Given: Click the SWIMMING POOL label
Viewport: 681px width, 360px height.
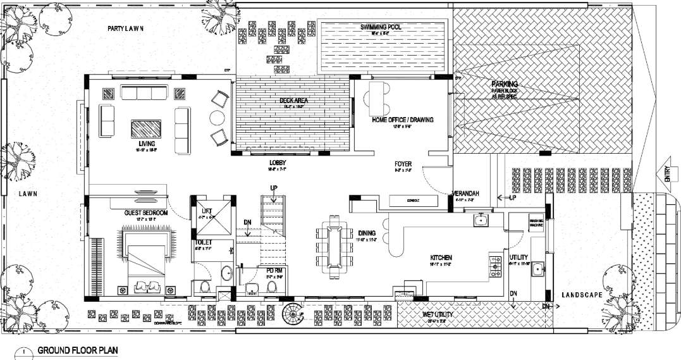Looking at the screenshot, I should (381, 27).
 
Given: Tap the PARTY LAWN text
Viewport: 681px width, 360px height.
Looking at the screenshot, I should (126, 28).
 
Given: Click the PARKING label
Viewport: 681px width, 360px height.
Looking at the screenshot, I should (505, 84).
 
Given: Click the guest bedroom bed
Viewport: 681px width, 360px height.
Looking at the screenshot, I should (145, 260).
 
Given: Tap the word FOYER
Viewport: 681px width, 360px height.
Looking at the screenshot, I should (403, 163).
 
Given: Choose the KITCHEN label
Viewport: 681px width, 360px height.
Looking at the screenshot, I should (441, 258).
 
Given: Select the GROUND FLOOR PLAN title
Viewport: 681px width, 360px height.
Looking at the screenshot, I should (77, 350).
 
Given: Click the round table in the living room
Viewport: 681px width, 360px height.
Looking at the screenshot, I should (217, 118).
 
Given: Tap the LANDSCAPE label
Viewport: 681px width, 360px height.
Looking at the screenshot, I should (582, 295).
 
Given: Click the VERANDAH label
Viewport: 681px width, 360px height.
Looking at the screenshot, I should (465, 194).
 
